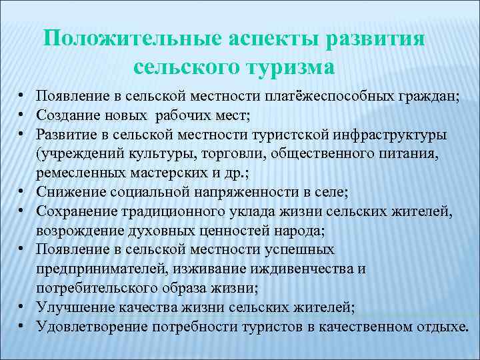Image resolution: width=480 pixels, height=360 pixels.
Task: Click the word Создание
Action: click(65, 115)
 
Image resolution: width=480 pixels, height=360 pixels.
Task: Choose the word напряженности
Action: click(258, 192)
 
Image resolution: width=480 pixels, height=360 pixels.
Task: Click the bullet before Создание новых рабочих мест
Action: click(22, 115)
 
